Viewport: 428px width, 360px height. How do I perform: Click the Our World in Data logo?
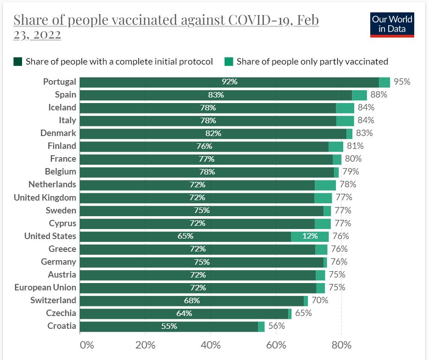(392, 25)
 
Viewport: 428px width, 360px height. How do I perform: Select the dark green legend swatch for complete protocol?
(18, 61)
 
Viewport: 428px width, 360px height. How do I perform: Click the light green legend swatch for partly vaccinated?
(229, 61)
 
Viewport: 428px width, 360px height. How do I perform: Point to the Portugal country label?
(60, 82)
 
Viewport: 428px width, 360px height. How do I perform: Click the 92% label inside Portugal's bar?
(229, 82)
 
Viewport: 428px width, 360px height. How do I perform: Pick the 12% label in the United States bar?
(310, 236)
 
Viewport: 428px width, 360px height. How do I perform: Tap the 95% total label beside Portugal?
(401, 82)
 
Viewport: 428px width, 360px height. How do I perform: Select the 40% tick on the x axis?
(211, 345)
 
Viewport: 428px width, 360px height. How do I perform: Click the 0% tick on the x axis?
(86, 345)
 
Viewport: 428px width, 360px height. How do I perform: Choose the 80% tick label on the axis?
(341, 345)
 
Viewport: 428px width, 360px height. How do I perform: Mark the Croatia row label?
(62, 326)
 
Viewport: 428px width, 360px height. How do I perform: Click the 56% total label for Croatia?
(276, 326)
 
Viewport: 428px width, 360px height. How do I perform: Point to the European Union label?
(45, 288)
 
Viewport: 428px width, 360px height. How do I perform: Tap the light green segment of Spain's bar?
(359, 95)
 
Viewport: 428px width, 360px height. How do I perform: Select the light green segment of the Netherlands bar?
(325, 185)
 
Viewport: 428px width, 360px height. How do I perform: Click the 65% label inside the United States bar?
(185, 236)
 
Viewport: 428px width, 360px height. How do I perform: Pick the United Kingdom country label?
(45, 198)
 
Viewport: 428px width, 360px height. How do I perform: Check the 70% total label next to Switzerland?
(319, 300)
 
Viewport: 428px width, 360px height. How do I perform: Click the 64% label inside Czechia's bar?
(184, 314)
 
